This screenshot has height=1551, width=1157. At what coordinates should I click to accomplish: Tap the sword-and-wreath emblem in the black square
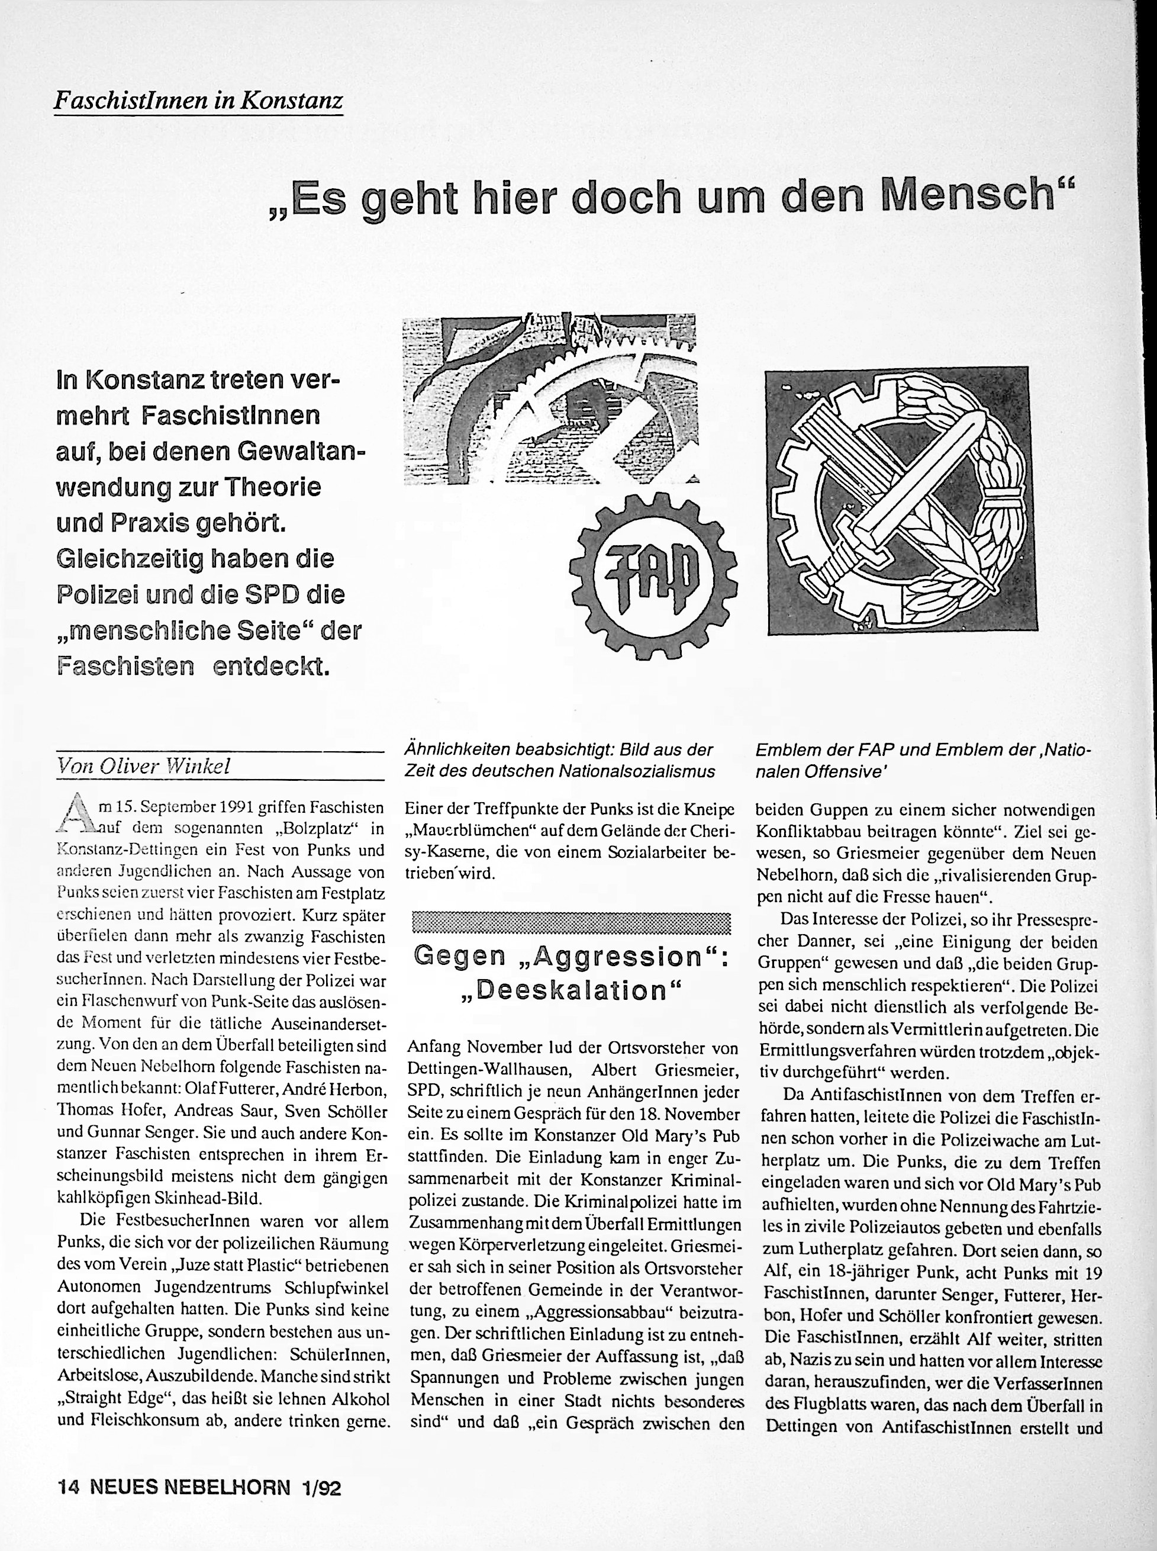tap(897, 500)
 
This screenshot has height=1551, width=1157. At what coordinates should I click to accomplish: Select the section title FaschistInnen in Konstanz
tap(199, 102)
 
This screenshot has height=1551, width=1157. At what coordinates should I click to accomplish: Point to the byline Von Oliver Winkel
tap(144, 767)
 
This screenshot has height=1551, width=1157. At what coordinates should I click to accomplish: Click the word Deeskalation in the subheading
tap(571, 990)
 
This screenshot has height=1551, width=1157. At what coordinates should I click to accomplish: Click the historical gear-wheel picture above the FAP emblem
tap(550, 400)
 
